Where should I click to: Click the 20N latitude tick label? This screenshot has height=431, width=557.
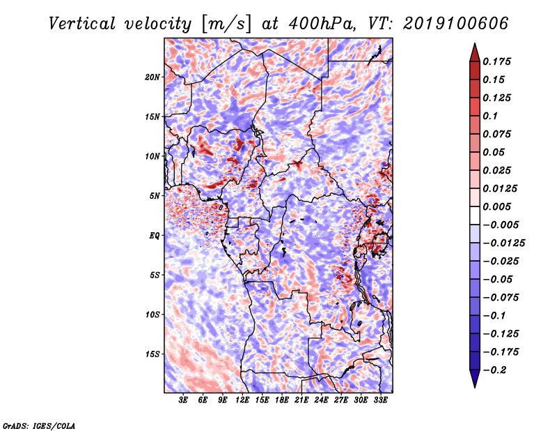click(152, 77)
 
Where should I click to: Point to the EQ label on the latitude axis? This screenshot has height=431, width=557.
click(154, 236)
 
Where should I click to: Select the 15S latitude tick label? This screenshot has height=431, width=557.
click(152, 354)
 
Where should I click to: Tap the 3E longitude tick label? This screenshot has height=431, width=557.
click(183, 400)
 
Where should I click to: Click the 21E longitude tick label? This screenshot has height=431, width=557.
click(301, 400)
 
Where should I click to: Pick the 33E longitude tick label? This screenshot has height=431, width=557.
click(380, 400)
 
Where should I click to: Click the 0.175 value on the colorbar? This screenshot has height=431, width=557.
click(496, 61)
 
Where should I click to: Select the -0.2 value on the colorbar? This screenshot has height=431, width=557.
click(494, 370)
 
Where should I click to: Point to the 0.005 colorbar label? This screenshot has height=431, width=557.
click(496, 206)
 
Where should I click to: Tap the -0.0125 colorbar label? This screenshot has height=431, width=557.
click(503, 243)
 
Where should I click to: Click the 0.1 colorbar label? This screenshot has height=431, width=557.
click(490, 116)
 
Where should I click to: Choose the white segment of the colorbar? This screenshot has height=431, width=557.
click(475, 215)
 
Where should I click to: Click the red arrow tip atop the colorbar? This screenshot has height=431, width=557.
click(475, 43)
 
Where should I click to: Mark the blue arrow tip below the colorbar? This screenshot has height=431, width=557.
click(475, 387)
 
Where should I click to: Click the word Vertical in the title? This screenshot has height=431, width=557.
click(82, 24)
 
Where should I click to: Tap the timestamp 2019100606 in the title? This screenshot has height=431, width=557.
click(456, 24)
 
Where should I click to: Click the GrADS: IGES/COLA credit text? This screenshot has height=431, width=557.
click(39, 426)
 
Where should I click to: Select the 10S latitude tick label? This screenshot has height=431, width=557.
click(152, 315)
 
